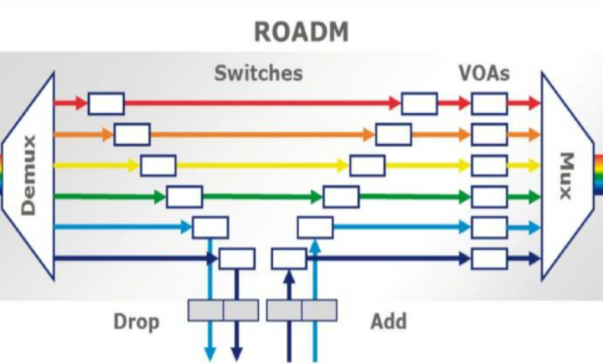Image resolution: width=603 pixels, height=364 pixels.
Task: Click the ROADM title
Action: click(x=301, y=32)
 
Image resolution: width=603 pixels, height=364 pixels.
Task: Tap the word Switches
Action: click(x=258, y=74)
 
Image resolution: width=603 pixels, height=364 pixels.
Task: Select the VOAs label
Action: click(x=484, y=74)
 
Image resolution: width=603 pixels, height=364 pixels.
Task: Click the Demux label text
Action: click(x=29, y=175)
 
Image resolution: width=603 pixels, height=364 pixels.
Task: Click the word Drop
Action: click(x=137, y=320)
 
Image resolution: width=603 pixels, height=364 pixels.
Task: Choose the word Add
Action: click(x=389, y=320)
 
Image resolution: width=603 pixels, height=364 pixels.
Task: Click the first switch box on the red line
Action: click(x=106, y=103)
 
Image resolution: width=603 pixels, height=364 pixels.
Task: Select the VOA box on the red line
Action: click(x=489, y=103)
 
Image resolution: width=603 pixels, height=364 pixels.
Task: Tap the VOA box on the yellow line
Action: click(x=489, y=165)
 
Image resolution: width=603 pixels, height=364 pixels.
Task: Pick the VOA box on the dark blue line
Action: click(x=489, y=258)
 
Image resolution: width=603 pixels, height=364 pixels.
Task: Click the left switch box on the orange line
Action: click(x=132, y=134)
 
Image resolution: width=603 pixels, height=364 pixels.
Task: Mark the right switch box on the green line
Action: click(x=341, y=197)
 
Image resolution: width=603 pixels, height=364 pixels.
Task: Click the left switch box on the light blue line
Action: click(x=210, y=228)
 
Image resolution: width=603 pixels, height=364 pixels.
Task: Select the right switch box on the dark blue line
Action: click(x=288, y=258)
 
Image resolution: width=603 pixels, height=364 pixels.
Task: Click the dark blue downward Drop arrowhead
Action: click(x=237, y=353)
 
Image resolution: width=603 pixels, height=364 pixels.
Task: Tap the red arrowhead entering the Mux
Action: click(x=534, y=103)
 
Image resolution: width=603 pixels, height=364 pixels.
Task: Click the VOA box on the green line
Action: click(x=489, y=197)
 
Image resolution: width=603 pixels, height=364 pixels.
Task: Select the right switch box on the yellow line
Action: click(x=367, y=165)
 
